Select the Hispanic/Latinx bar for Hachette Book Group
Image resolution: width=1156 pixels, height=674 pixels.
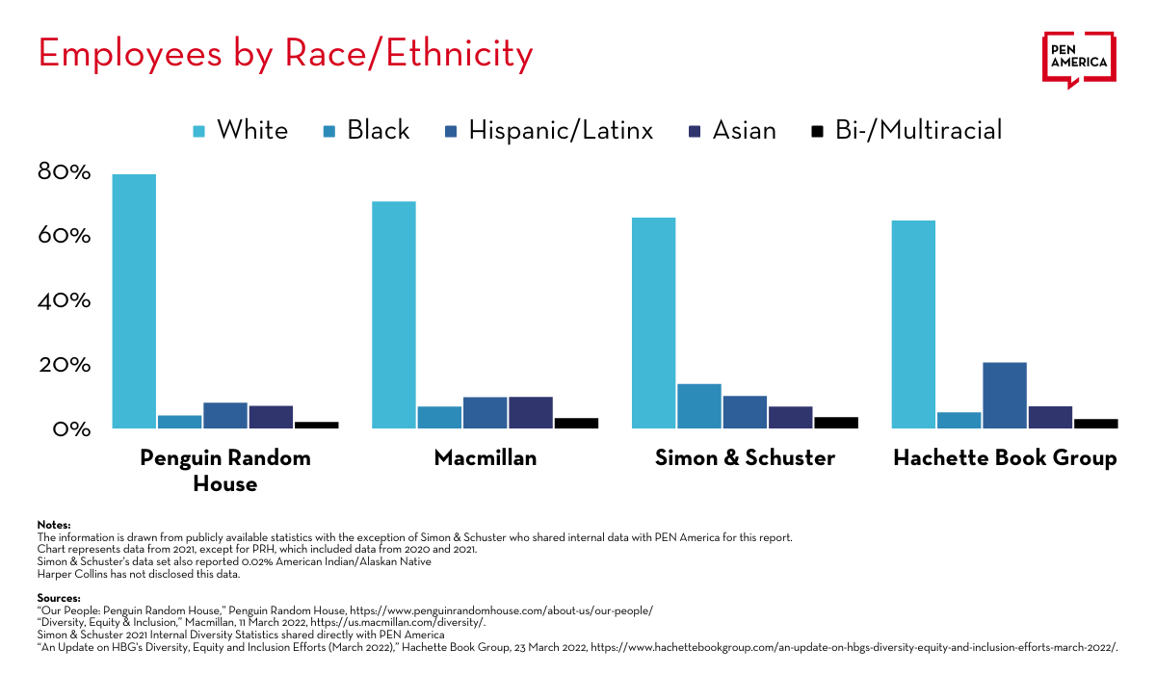click(x=1004, y=396)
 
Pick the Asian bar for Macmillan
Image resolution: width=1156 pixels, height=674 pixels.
click(x=530, y=412)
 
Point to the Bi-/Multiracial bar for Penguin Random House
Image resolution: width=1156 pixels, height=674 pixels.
click(x=316, y=425)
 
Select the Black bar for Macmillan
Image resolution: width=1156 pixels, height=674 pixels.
click(x=439, y=417)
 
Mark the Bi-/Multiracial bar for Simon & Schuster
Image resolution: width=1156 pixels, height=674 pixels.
click(x=835, y=423)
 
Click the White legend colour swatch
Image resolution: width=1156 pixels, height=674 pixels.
click(x=199, y=131)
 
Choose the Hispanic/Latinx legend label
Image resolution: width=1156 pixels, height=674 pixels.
click(x=561, y=130)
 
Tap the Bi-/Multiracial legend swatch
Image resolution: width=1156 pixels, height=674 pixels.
click(x=818, y=131)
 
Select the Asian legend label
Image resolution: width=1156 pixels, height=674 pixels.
click(x=744, y=130)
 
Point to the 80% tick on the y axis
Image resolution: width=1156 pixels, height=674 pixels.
click(x=65, y=172)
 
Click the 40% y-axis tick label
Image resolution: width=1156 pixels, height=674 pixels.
click(x=65, y=300)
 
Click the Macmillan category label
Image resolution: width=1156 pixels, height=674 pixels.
click(x=486, y=457)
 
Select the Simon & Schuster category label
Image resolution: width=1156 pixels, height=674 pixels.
click(x=745, y=457)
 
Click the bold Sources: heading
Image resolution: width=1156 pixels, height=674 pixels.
click(x=59, y=598)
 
